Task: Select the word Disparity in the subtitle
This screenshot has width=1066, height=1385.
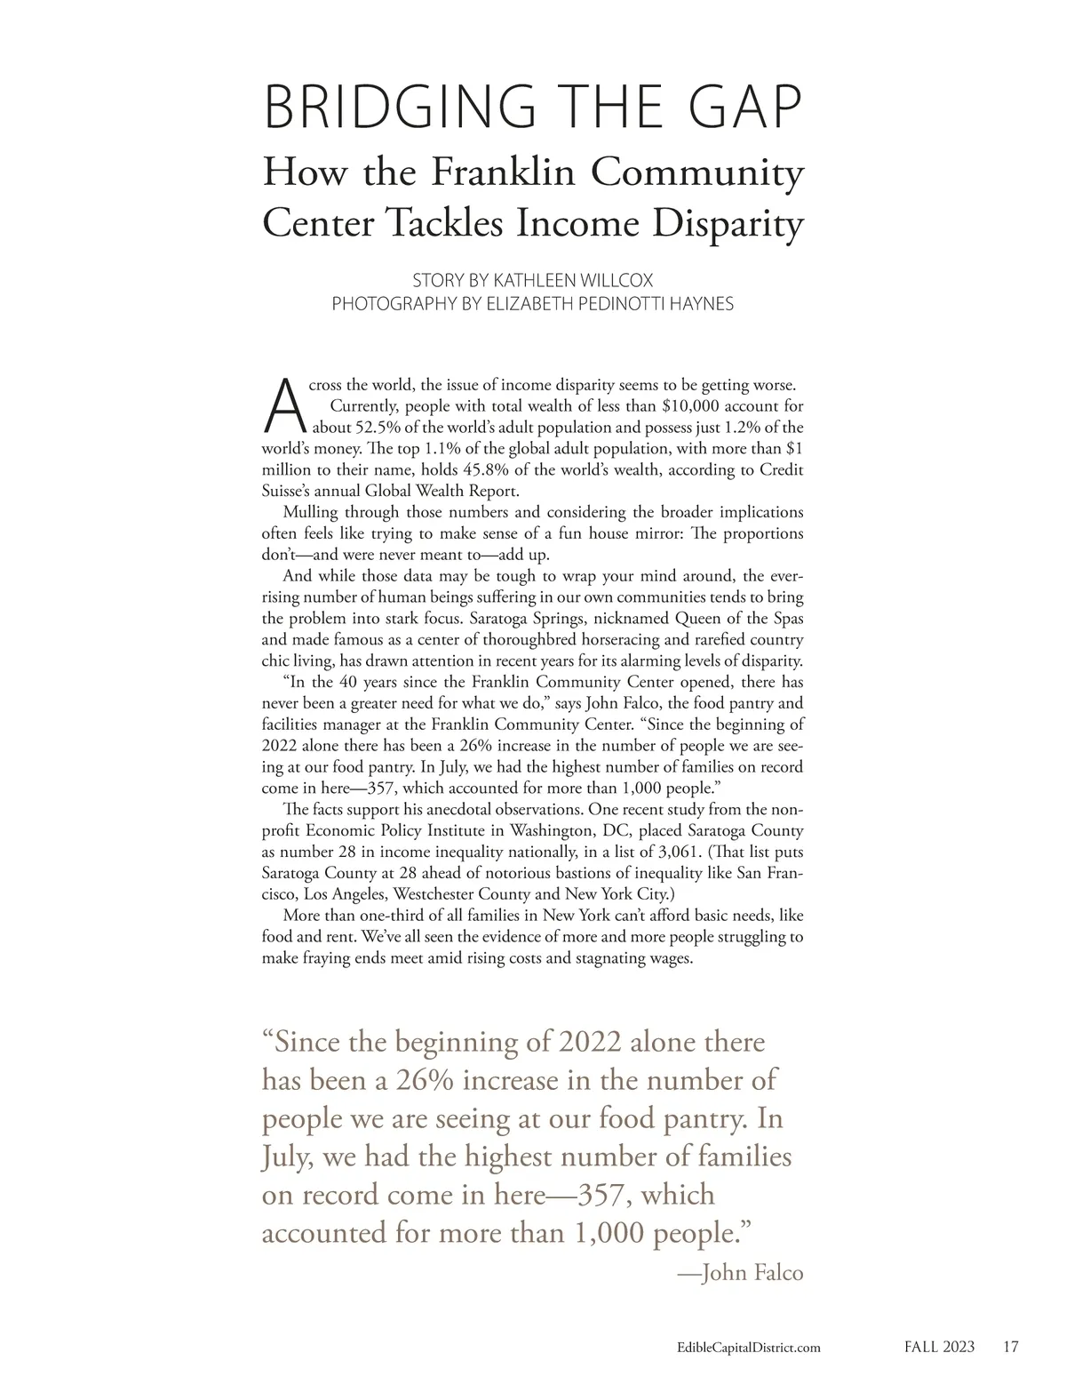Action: pyautogui.click(x=728, y=223)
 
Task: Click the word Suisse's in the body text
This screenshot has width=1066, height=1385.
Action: pyautogui.click(x=289, y=491)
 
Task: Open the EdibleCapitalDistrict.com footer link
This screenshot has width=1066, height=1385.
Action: pyautogui.click(x=742, y=1348)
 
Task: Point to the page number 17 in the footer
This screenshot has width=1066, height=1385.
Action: pyautogui.click(x=1010, y=1347)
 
